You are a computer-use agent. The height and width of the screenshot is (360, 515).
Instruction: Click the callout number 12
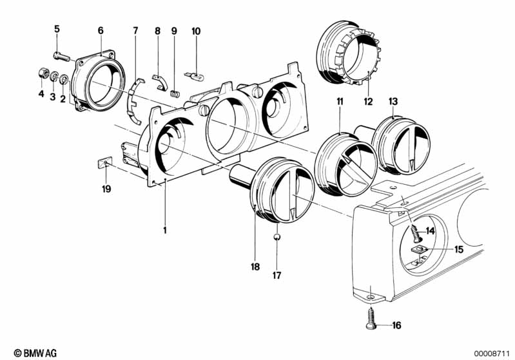(x=368, y=102)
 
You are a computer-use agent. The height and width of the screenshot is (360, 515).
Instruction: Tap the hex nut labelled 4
(x=43, y=73)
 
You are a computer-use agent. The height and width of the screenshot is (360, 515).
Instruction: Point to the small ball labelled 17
(x=277, y=237)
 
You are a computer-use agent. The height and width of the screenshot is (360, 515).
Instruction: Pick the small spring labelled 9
(x=175, y=93)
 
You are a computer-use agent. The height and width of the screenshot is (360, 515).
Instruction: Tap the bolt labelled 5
(x=61, y=57)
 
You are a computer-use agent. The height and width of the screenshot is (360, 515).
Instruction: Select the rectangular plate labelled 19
(x=105, y=162)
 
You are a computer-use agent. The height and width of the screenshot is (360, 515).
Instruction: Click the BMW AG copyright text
(x=35, y=353)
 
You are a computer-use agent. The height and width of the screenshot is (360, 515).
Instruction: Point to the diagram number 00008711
(x=491, y=354)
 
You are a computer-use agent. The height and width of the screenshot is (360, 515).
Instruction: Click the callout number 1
(x=165, y=231)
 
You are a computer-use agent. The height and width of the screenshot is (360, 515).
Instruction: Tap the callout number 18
(x=255, y=267)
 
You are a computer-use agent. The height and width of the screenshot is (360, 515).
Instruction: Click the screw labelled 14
(x=416, y=232)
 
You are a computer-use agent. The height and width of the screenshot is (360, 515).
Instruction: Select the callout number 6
(x=101, y=30)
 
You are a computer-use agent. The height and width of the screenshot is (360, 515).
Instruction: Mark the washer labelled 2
(x=64, y=79)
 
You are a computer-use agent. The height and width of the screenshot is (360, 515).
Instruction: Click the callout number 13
(x=393, y=101)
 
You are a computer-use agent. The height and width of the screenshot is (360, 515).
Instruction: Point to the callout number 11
(x=340, y=101)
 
